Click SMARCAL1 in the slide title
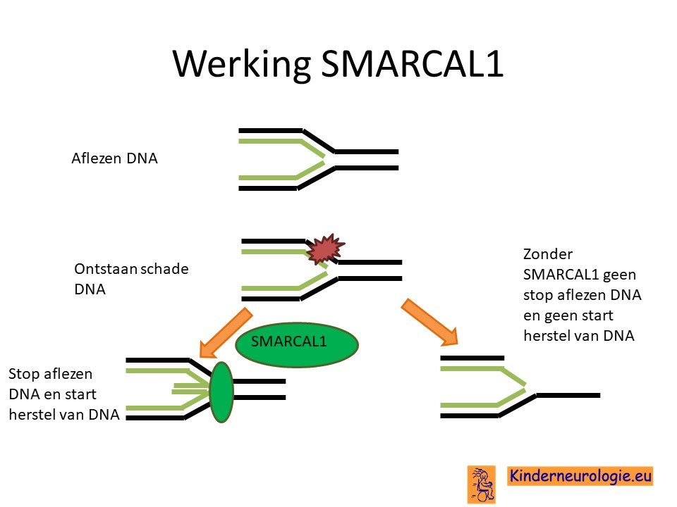click(x=413, y=63)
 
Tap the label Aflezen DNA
click(x=114, y=158)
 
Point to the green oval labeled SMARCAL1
click(x=297, y=344)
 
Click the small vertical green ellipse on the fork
click(x=221, y=392)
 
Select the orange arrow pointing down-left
click(x=226, y=333)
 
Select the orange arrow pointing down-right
click(x=429, y=322)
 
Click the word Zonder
click(x=548, y=254)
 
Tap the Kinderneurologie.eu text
click(x=580, y=476)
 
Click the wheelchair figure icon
click(x=482, y=484)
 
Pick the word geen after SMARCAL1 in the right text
click(x=620, y=275)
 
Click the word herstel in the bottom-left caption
click(x=32, y=414)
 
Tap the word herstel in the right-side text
click(x=546, y=335)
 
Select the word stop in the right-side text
click(x=538, y=295)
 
